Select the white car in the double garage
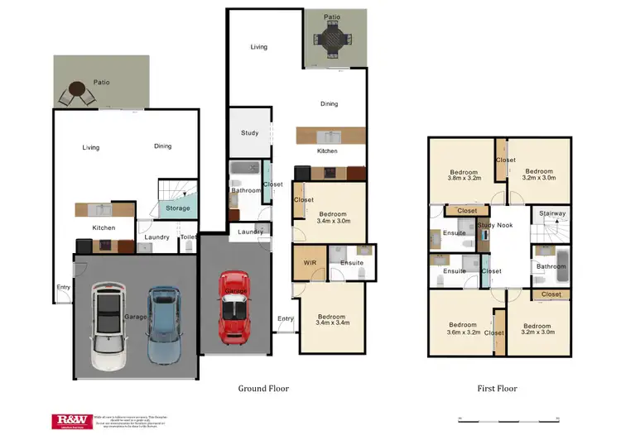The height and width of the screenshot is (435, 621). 108,326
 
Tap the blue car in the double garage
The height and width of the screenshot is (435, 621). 163,324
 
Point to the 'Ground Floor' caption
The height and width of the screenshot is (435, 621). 263,388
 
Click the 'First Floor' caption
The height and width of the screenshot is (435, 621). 497,388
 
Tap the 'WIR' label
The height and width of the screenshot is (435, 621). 310,263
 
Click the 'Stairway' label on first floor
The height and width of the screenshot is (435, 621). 551,213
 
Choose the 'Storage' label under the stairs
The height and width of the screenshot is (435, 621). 178,208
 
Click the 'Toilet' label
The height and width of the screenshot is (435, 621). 189,237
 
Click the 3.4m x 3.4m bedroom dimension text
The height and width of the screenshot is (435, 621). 332,324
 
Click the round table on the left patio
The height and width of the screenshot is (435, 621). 79,89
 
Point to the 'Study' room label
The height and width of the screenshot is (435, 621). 249,133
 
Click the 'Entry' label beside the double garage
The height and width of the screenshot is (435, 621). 63,288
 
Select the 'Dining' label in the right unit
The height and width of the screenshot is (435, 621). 330,104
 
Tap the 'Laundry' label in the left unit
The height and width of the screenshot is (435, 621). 156,237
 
